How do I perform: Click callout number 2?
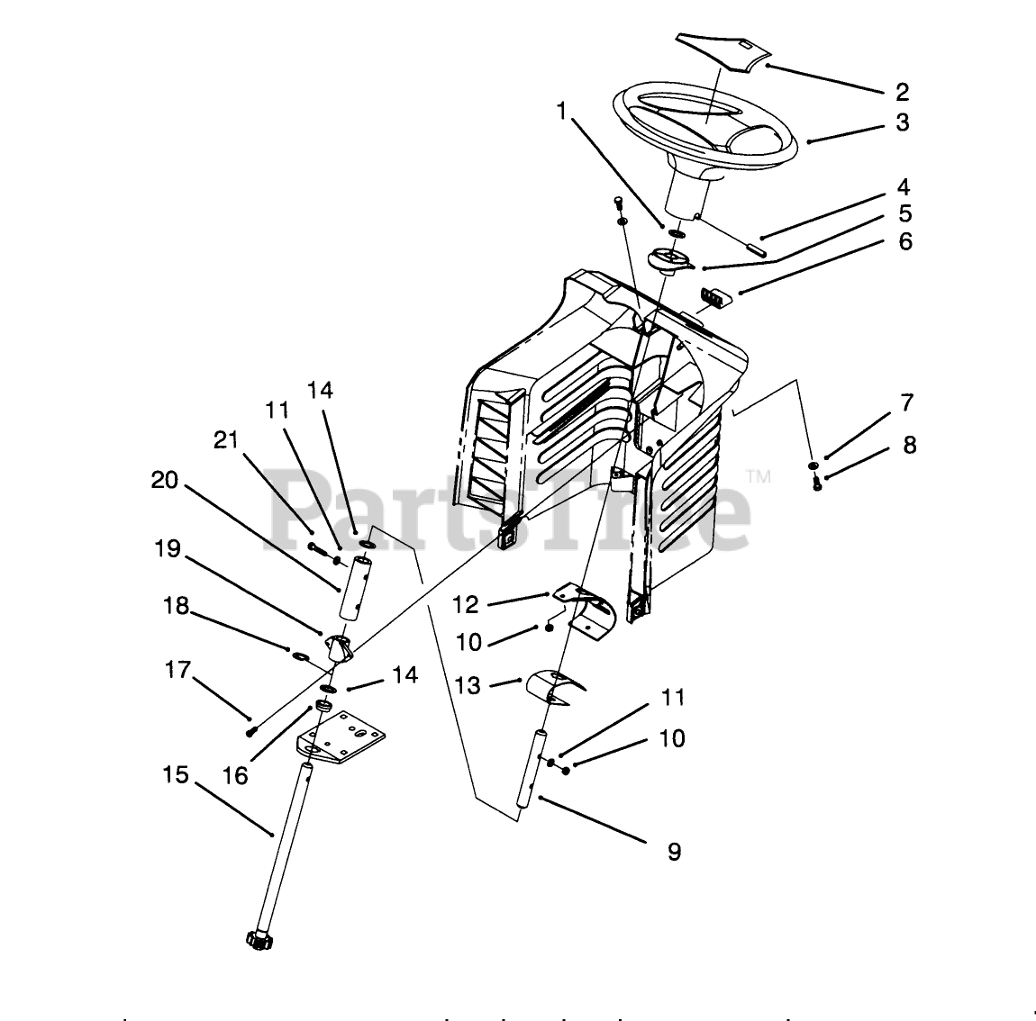(902, 92)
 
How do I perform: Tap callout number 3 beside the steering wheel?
(903, 123)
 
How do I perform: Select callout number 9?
(675, 851)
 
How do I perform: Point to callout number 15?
(177, 774)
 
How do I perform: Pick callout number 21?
(227, 441)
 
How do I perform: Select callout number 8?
(909, 445)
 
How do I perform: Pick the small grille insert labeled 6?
(715, 296)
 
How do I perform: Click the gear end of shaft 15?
(258, 939)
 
